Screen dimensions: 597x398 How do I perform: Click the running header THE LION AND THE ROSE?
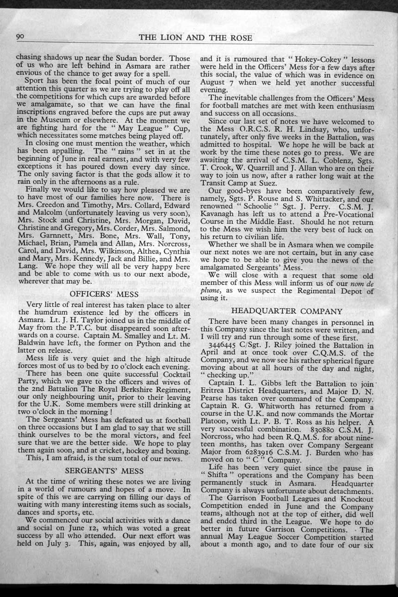click(196, 38)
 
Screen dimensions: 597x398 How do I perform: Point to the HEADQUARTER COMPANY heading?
click(286, 311)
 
